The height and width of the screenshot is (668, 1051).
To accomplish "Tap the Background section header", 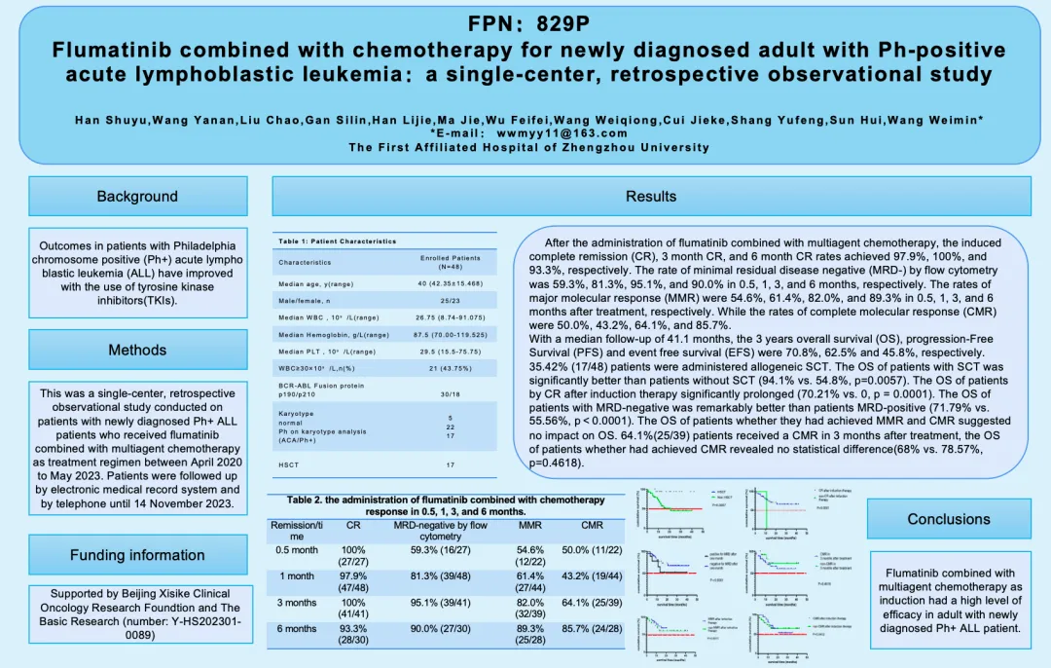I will click(x=137, y=196).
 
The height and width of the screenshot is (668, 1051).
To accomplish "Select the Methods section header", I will click(x=137, y=350).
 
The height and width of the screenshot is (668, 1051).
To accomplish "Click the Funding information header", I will click(x=137, y=555).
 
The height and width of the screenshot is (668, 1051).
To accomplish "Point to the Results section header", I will click(x=651, y=196).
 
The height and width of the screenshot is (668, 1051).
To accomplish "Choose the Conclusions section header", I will click(x=949, y=518).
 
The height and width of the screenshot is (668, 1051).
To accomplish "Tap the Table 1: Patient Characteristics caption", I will click(x=337, y=241).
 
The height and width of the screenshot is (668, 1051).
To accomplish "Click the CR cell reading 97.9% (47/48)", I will click(x=353, y=582).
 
